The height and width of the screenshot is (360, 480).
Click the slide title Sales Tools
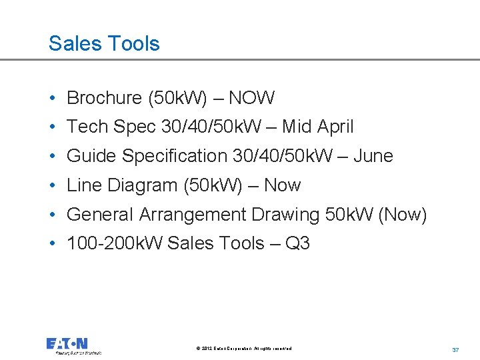click(x=104, y=44)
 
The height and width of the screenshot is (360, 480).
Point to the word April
click(x=335, y=127)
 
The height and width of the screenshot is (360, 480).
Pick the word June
click(x=373, y=156)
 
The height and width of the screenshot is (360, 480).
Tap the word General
click(x=101, y=215)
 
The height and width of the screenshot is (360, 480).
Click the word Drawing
click(x=285, y=215)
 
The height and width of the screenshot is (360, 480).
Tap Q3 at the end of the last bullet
click(x=297, y=243)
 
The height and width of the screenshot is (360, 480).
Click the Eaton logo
click(x=67, y=345)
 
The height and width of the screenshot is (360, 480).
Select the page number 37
click(x=456, y=350)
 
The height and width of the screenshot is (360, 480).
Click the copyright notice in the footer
click(x=244, y=349)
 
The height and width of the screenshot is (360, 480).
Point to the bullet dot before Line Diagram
click(x=52, y=185)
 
